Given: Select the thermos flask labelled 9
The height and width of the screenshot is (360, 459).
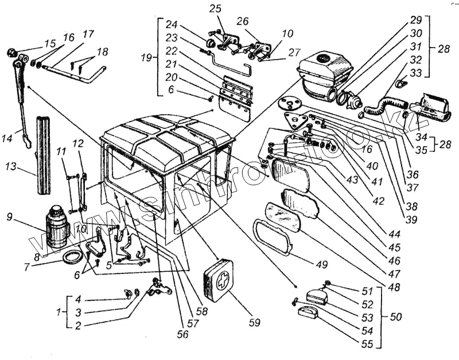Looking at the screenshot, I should [x=57, y=228].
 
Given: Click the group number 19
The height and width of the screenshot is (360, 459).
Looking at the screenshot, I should [x=147, y=58].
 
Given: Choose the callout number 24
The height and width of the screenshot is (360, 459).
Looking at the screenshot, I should [x=172, y=25].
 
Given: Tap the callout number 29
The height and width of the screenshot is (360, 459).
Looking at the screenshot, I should [x=415, y=19].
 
